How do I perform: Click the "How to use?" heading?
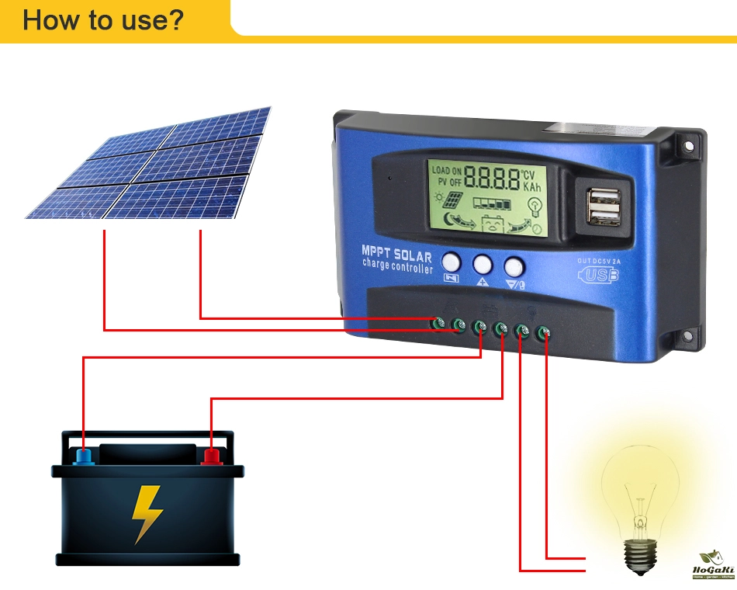pyautogui.click(x=103, y=19)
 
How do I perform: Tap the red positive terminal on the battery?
pyautogui.click(x=210, y=456)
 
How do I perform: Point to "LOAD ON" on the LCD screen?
pyautogui.click(x=447, y=170)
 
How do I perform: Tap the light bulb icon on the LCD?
pyautogui.click(x=535, y=206)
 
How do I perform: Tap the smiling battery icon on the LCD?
pyautogui.click(x=493, y=225)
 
